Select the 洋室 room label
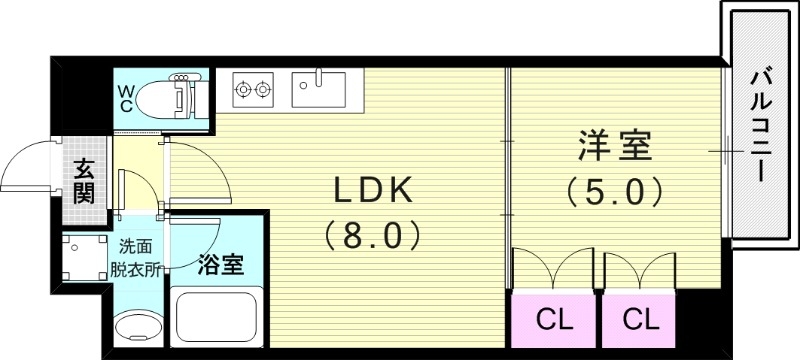pos(614,146)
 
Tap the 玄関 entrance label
pos(84,180)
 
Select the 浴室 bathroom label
pos(219,265)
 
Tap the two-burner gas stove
pos(253,90)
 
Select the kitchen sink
pos(318,89)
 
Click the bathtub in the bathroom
pos(216,318)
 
